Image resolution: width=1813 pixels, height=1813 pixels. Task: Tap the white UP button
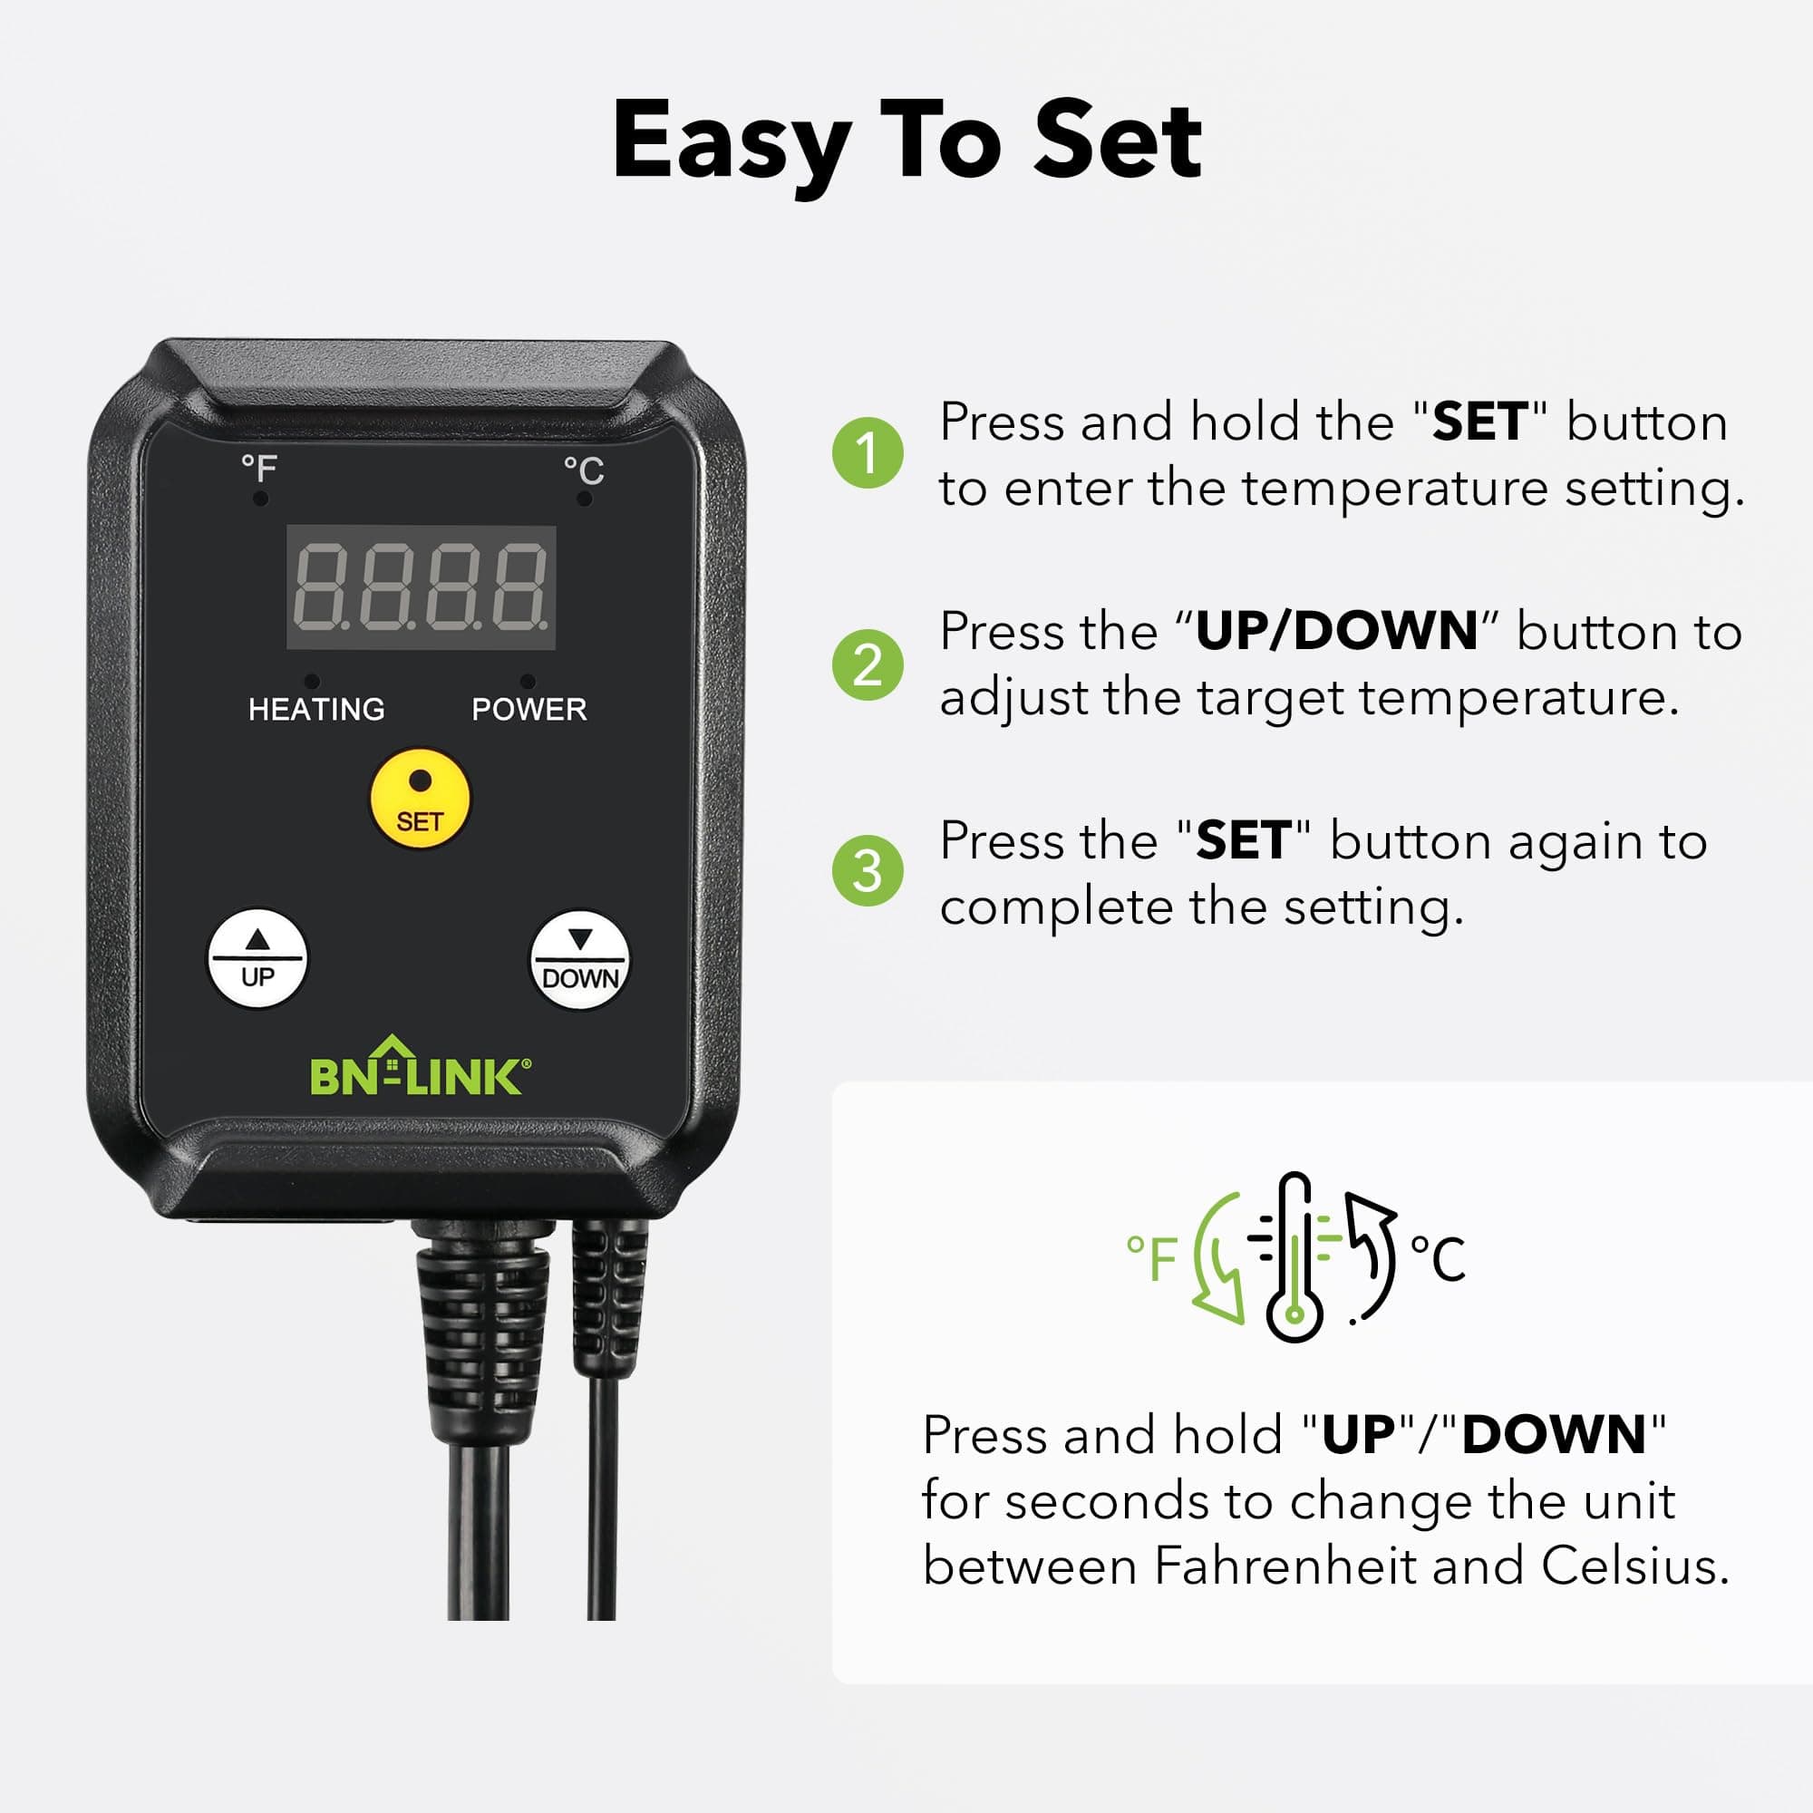(x=257, y=958)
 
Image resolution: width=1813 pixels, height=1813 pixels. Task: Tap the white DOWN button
(x=580, y=960)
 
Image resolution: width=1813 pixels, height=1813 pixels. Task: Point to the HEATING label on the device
(x=316, y=710)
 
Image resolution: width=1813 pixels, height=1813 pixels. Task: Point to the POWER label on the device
(x=529, y=710)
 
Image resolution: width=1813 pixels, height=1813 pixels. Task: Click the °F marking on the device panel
(x=259, y=468)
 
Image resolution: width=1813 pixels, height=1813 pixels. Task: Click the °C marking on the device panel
(x=583, y=470)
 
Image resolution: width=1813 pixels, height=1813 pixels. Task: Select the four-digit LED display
(x=421, y=587)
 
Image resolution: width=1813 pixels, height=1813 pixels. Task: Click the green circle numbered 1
(x=868, y=453)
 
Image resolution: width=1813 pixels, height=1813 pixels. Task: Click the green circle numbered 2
(x=868, y=664)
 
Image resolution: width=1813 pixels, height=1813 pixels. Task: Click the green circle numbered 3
(x=868, y=871)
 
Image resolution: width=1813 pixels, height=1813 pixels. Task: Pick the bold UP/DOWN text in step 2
(x=1336, y=631)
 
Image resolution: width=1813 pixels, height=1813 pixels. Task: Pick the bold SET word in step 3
(x=1243, y=840)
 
